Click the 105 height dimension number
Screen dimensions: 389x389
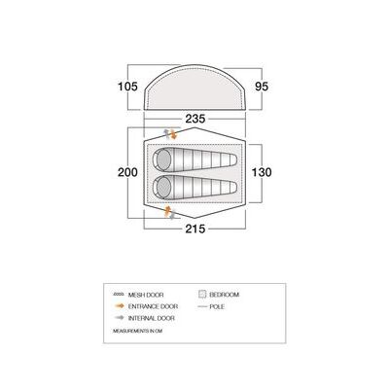(127, 87)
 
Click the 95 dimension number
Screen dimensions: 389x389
(262, 87)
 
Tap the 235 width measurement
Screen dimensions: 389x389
(195, 119)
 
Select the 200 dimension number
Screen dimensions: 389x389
(127, 172)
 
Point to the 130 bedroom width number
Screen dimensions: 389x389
(262, 172)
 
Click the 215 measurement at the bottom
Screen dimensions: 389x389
(195, 229)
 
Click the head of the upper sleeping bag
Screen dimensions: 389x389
(162, 159)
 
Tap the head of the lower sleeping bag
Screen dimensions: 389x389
(162, 188)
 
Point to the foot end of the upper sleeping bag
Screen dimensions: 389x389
(232, 159)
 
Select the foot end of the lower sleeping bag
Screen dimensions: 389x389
(232, 188)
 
